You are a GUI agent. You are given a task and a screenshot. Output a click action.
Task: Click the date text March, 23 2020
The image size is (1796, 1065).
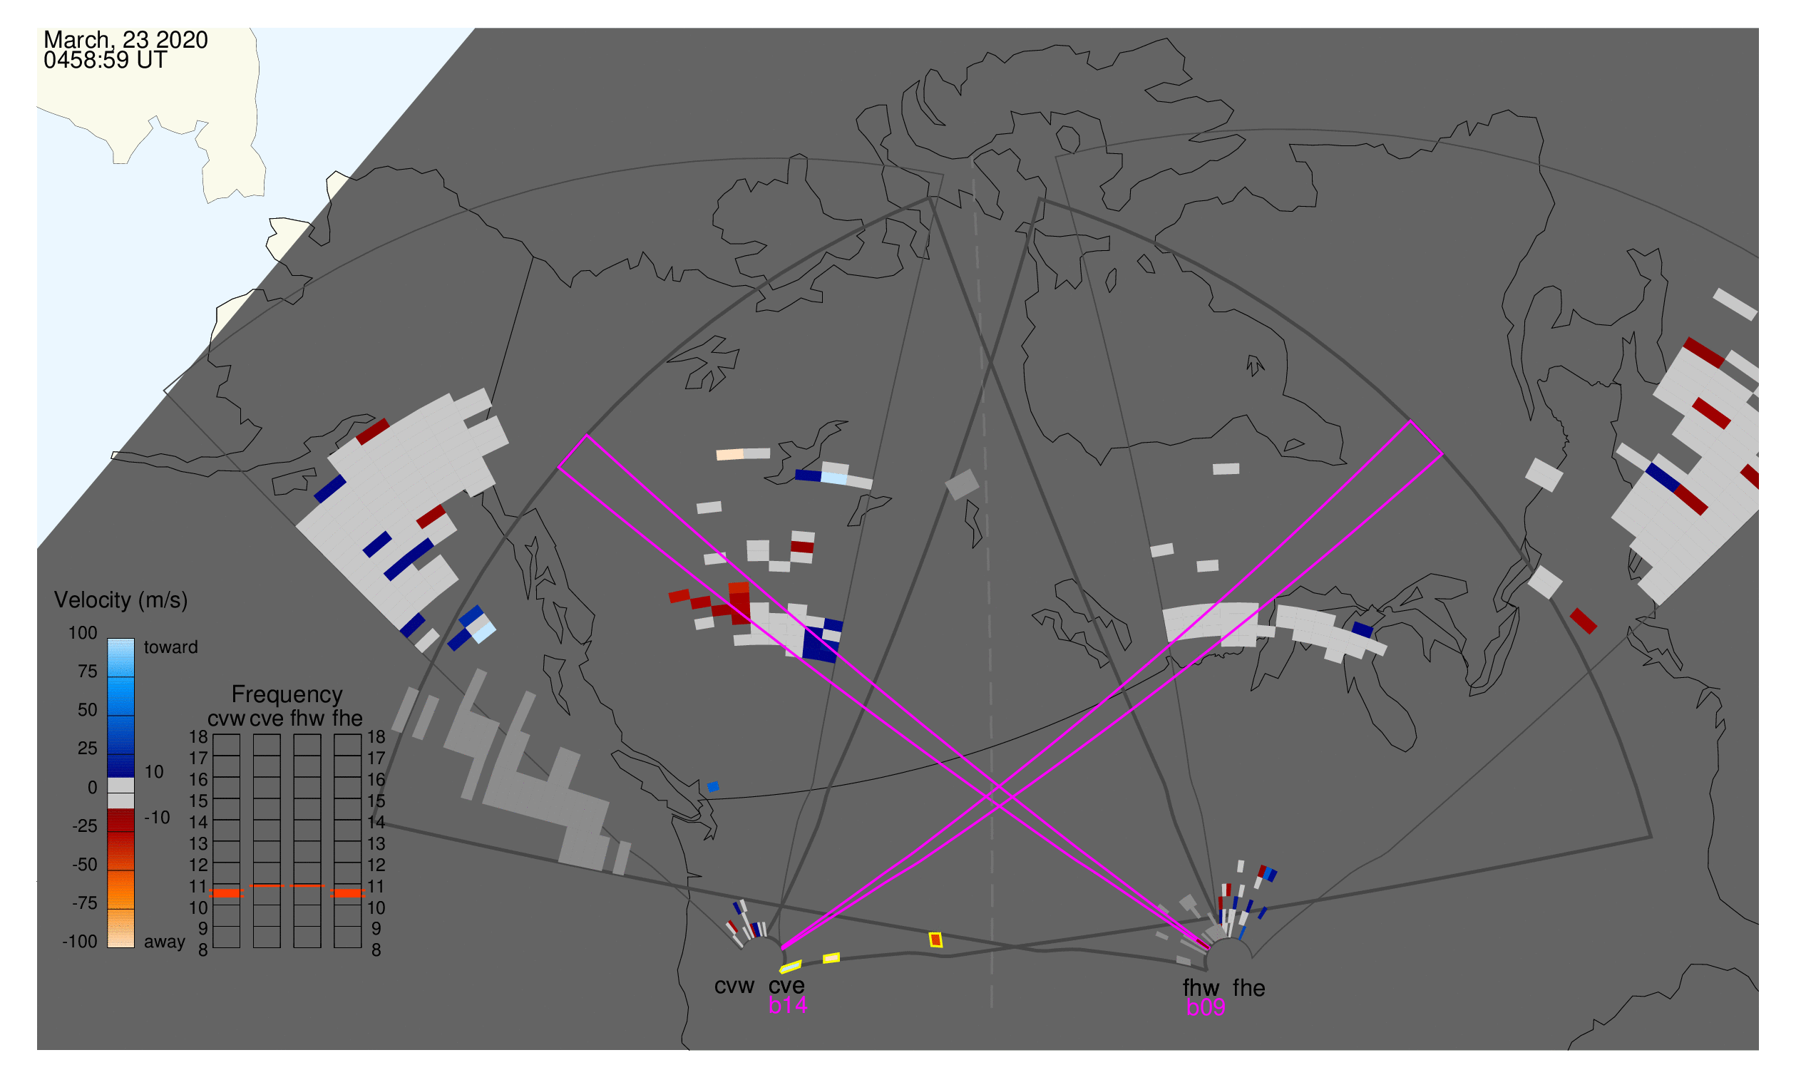[x=125, y=40]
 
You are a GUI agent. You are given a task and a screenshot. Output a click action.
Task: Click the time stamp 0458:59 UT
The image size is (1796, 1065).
[x=106, y=61]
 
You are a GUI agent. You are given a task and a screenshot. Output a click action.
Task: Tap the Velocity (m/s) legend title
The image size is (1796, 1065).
[x=120, y=600]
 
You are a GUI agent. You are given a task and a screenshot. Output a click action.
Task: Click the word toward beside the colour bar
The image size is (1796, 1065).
[x=171, y=647]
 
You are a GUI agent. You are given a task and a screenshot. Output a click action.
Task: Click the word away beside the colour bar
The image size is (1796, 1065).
[x=165, y=942]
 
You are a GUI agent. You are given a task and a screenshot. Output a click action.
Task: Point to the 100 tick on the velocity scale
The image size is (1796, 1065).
[x=83, y=633]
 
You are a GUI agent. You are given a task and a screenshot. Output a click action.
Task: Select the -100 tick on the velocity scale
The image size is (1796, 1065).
[x=80, y=942]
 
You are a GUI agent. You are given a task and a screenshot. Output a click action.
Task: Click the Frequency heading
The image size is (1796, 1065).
[x=287, y=695]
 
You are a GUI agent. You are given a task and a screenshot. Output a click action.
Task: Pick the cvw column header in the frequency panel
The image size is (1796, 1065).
[x=226, y=719]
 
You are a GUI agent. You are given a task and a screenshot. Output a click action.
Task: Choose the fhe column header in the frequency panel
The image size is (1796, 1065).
[x=347, y=719]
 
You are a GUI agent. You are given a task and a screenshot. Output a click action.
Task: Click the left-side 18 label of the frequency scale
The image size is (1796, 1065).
[x=198, y=737]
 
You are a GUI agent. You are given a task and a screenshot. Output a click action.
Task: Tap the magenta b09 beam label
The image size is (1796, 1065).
[x=1206, y=1007]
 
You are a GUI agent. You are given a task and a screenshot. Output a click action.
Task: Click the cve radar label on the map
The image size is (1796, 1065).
[x=786, y=986]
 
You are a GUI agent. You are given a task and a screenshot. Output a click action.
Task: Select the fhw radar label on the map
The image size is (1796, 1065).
[x=1201, y=988]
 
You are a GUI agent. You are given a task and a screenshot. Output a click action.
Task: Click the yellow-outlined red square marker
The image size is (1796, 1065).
[x=935, y=940]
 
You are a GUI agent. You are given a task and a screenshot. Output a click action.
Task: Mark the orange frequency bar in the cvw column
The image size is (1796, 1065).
[x=226, y=893]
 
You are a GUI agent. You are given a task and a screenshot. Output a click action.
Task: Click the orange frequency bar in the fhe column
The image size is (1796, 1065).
[x=347, y=893]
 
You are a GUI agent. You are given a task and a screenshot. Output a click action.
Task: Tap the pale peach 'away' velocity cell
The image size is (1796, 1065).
[x=729, y=455]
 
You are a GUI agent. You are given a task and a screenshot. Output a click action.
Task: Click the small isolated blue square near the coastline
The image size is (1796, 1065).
[x=713, y=787]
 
